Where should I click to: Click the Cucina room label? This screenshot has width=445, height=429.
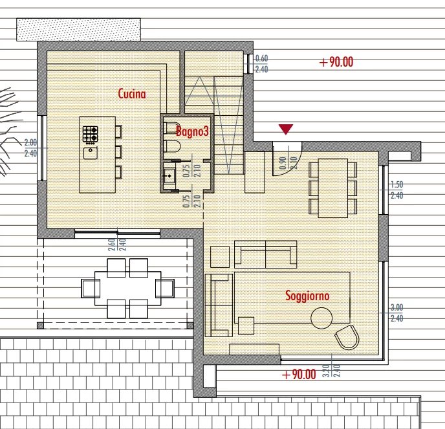click(x=132, y=94)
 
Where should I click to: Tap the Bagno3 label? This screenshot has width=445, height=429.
click(x=192, y=131)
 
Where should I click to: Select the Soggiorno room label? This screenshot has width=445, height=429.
click(x=307, y=296)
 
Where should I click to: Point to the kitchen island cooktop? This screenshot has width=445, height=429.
click(x=91, y=135)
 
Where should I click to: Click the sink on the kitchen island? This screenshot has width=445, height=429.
click(x=91, y=153)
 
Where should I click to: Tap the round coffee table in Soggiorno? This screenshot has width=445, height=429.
click(x=321, y=318)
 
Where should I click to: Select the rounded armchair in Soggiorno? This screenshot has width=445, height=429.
click(x=347, y=338)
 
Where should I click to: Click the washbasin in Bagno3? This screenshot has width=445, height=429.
click(x=169, y=176)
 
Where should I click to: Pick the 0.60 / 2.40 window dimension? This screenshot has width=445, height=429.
click(x=261, y=64)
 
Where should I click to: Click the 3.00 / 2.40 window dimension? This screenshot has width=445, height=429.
click(x=396, y=313)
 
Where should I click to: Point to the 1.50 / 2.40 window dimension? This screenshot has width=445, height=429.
click(x=396, y=190)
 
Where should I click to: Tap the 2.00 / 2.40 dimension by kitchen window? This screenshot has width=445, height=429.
click(x=30, y=148)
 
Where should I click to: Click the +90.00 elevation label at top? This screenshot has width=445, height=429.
click(x=336, y=62)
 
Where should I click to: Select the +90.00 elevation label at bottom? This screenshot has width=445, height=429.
click(x=299, y=375)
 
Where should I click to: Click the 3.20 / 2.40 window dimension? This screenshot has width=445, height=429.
click(x=331, y=371)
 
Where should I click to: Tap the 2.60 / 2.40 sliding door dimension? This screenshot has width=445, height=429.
click(x=117, y=244)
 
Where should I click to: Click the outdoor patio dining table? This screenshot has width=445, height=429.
click(x=127, y=289)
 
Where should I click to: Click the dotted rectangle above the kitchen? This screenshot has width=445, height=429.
click(x=79, y=30)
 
